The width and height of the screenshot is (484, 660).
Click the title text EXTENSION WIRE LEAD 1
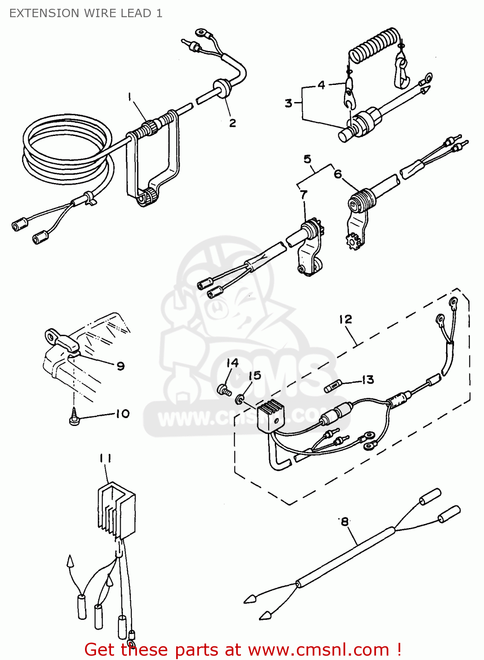tap(86, 13)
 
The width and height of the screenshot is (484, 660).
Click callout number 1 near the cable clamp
tap(129, 96)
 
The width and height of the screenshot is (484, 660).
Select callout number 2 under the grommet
tap(233, 123)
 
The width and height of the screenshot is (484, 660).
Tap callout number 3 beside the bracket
tap(288, 103)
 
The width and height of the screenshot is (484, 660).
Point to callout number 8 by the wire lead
tap(345, 522)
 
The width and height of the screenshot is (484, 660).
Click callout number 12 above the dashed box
tap(346, 319)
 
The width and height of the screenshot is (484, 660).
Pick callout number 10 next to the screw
tap(123, 414)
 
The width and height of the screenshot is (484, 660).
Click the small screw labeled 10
tap(74, 417)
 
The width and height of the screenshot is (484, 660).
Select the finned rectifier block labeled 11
tap(116, 510)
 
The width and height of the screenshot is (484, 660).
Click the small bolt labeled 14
tap(224, 389)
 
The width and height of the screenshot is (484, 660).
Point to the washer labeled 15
tap(240, 399)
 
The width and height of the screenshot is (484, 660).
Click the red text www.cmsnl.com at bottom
tap(318, 649)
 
